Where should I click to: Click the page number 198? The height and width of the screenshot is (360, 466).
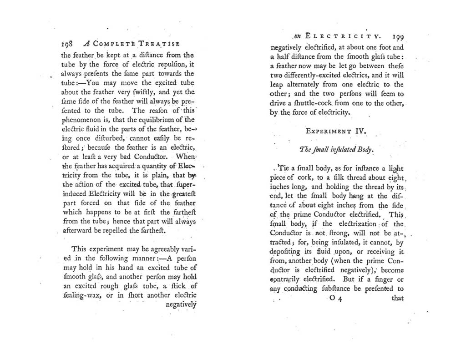click(x=68, y=45)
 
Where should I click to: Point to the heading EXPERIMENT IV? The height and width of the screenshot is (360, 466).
click(x=335, y=132)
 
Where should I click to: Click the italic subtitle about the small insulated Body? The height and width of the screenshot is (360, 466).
click(x=336, y=149)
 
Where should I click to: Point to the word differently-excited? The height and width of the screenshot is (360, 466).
click(x=309, y=76)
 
